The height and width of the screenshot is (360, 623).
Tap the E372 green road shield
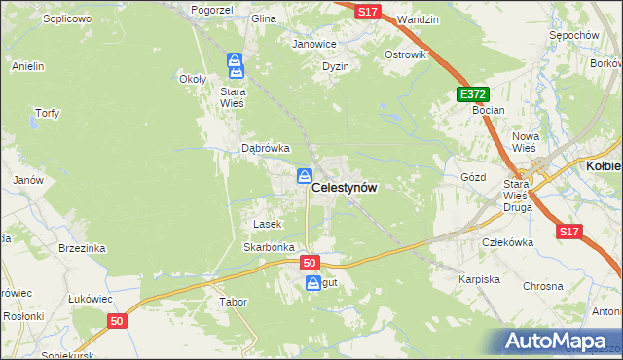(x=471, y=93)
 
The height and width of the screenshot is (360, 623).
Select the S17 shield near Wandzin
(x=366, y=10)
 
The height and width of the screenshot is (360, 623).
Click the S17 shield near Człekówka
(x=569, y=232)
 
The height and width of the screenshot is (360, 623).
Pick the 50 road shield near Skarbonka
(x=310, y=263)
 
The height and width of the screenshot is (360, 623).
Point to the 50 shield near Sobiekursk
(x=117, y=320)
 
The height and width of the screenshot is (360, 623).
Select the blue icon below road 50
(x=313, y=283)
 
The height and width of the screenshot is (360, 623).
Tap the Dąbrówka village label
(x=266, y=148)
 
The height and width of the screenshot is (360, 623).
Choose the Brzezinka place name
(x=81, y=248)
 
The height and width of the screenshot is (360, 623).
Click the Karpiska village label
(x=479, y=279)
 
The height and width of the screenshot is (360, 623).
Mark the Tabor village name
(x=233, y=302)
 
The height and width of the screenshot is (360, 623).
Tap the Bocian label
(x=488, y=110)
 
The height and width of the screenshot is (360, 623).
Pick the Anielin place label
(x=28, y=66)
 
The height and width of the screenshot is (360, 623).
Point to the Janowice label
(x=314, y=44)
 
